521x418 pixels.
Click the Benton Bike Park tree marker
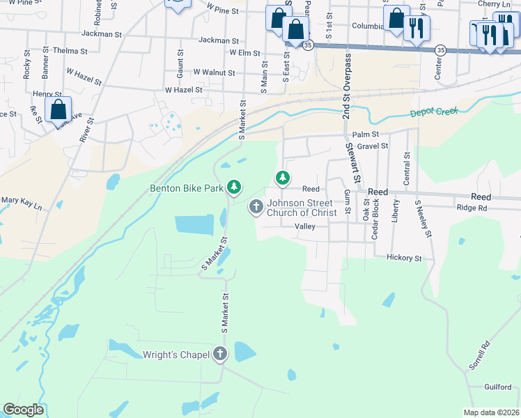tap(235, 187)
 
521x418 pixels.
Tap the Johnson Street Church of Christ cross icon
tap(256, 205)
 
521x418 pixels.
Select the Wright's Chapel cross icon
tap(221, 353)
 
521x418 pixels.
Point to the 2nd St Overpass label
tap(345, 94)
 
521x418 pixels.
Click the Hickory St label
tap(404, 258)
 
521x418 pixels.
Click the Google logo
tap(23, 410)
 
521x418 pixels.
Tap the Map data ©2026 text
tap(491, 412)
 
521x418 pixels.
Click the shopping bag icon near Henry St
tap(59, 109)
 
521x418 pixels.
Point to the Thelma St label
tap(75, 51)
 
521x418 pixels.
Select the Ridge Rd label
tap(472, 208)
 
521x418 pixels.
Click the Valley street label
tap(305, 226)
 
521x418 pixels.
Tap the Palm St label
tap(365, 134)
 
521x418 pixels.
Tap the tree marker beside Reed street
tap(282, 178)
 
